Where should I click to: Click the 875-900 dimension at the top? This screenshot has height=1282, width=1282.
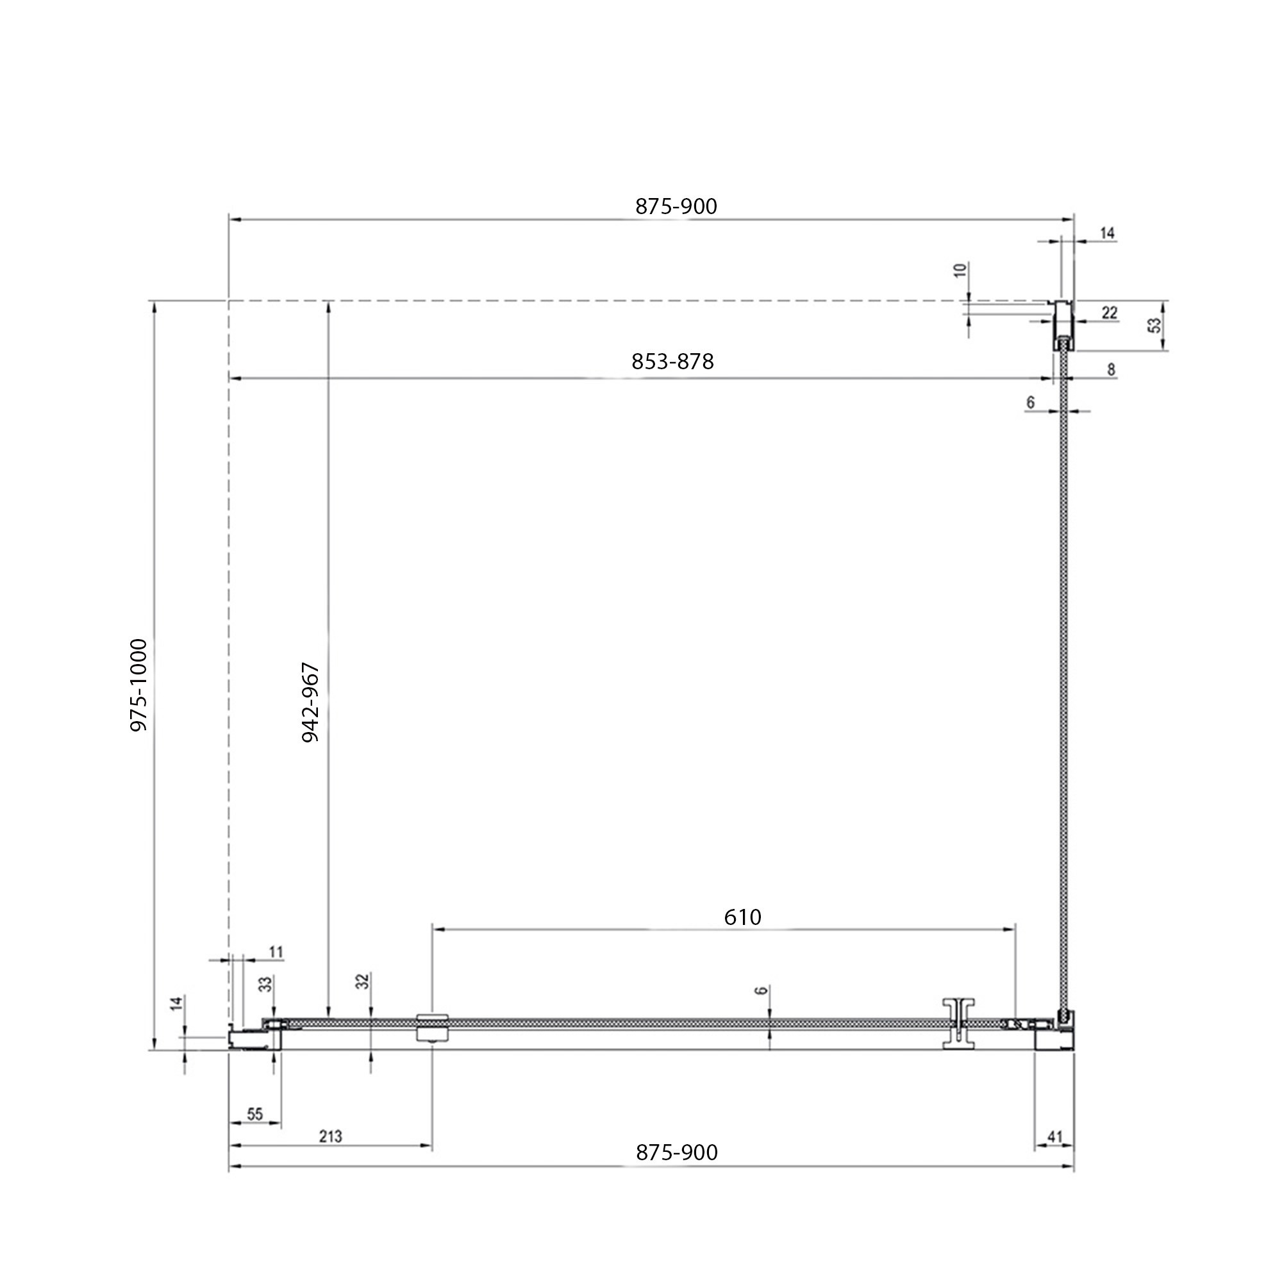pos(676,207)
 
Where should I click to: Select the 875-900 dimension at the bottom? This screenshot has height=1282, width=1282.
pos(677,1153)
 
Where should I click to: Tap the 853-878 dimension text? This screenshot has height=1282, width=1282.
pos(672,362)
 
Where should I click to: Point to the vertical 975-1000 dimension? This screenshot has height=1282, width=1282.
pos(138,685)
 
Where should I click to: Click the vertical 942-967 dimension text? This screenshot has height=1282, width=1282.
pos(310,703)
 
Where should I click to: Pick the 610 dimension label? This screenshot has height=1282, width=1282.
pos(742,918)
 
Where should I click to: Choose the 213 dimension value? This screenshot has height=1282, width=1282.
pos(331,1136)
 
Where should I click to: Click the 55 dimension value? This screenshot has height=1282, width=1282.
pos(255,1114)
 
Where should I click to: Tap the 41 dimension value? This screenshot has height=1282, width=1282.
pos(1054,1136)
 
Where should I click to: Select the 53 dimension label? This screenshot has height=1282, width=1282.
pos(1155,326)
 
